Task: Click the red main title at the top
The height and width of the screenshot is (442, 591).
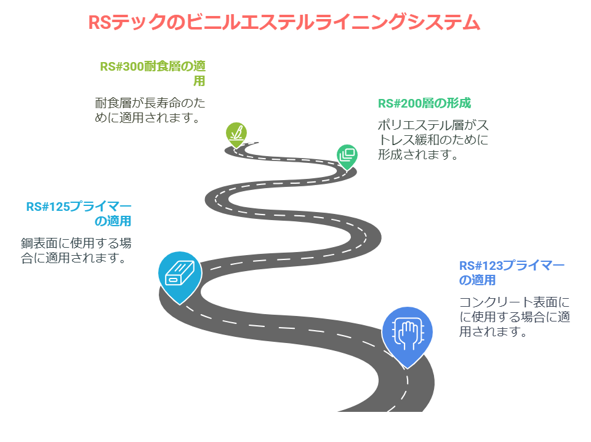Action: (284, 22)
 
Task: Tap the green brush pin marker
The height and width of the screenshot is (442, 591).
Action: (236, 135)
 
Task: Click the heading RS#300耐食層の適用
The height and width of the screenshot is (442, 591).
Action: (153, 73)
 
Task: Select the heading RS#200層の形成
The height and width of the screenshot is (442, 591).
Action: (424, 103)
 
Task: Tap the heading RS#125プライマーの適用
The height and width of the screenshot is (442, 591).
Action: (79, 213)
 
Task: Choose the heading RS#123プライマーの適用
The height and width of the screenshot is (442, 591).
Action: (512, 272)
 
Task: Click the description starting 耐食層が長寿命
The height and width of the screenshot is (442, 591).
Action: (150, 110)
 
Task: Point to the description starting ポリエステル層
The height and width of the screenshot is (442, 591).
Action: (433, 140)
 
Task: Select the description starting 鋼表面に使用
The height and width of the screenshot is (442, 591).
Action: (76, 250)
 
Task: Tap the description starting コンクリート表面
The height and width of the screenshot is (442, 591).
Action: (515, 317)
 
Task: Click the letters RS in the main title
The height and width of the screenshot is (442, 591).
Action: (100, 23)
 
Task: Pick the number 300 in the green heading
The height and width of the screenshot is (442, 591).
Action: (134, 66)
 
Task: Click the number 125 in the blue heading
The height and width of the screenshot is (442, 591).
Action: (59, 207)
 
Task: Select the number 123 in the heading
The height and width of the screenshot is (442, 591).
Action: (492, 266)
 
